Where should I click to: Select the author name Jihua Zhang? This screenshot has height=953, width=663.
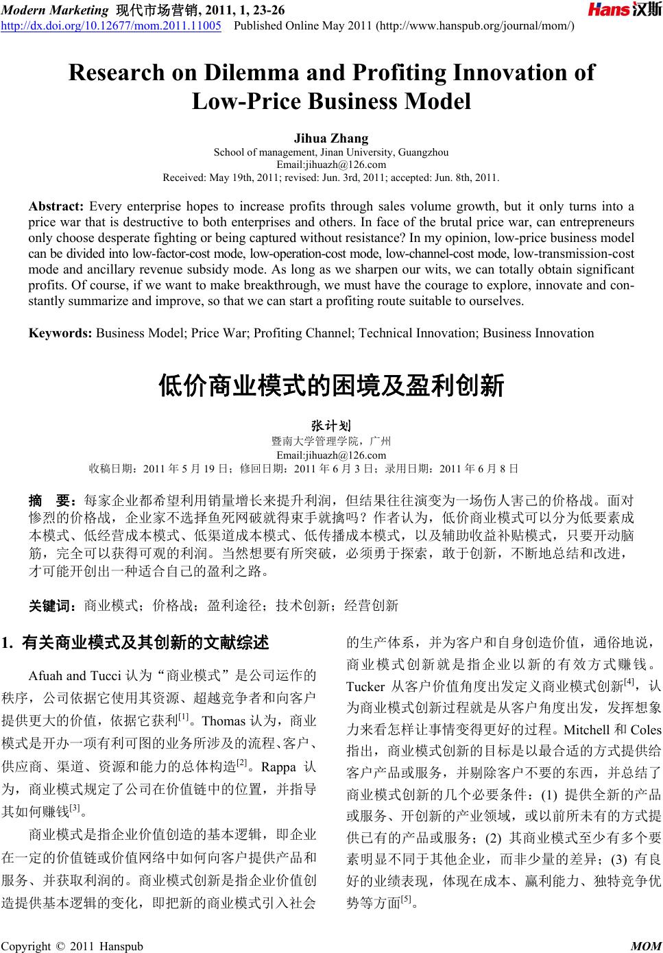tap(331, 138)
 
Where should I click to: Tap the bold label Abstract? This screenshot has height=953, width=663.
tap(56, 206)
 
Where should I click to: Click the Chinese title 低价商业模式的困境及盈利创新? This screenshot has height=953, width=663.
tap(331, 385)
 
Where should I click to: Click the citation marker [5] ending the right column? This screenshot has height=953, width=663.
tap(405, 900)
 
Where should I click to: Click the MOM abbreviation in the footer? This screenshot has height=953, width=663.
tap(645, 946)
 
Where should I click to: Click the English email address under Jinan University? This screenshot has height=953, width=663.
tap(331, 165)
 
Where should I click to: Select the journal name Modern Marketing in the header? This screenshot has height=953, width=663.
tap(51, 8)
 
